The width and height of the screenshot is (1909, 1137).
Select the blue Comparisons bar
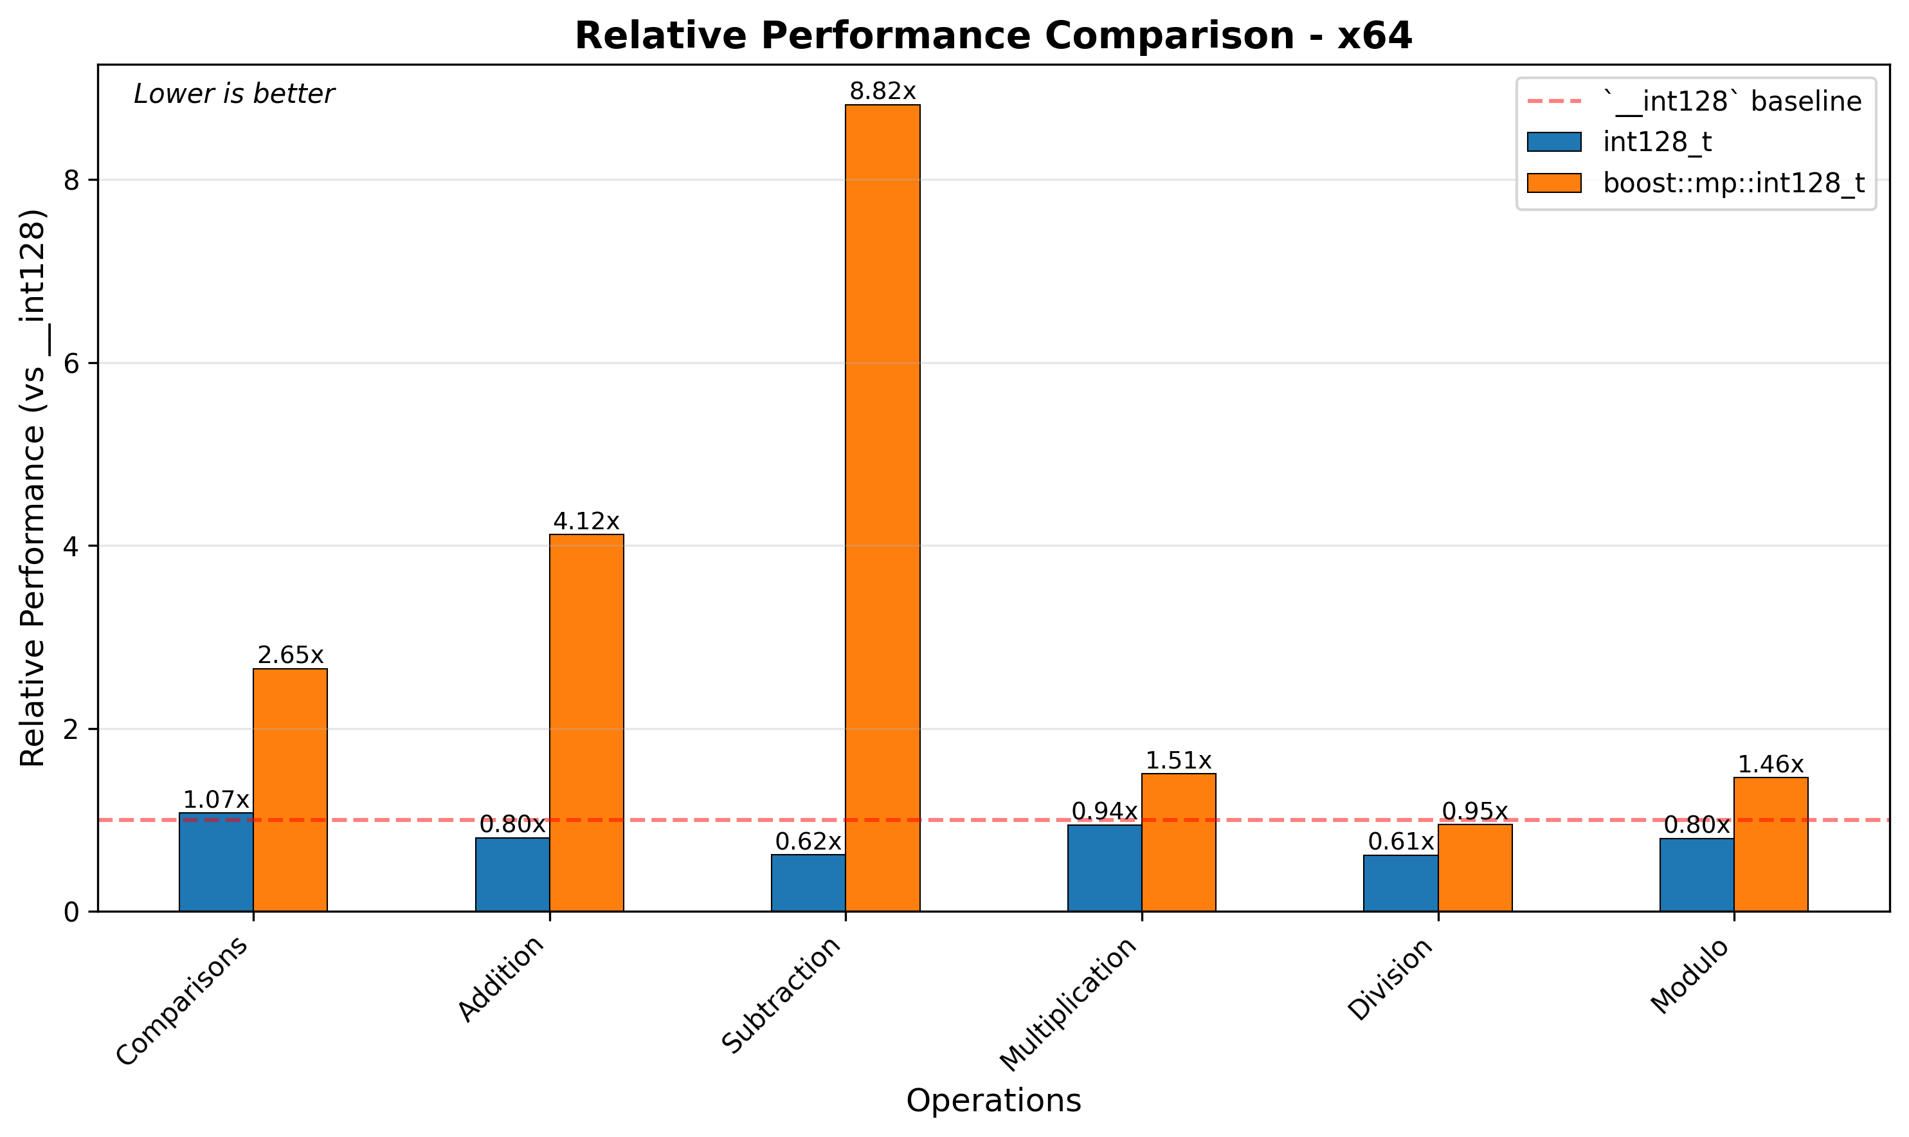216,862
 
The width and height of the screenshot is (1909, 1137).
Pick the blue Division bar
1400,882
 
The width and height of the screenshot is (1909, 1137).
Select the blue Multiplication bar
1104,868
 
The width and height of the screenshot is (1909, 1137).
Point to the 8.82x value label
883,92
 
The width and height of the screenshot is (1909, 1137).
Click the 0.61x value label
1400,842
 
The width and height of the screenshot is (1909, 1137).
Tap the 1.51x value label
1178,761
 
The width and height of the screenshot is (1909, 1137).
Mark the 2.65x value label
291,656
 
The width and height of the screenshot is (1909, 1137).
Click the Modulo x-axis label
1690,977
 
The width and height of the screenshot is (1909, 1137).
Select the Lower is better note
233,95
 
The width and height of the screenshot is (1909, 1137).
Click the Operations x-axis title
993,1101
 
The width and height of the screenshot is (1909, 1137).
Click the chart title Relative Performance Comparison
993,35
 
